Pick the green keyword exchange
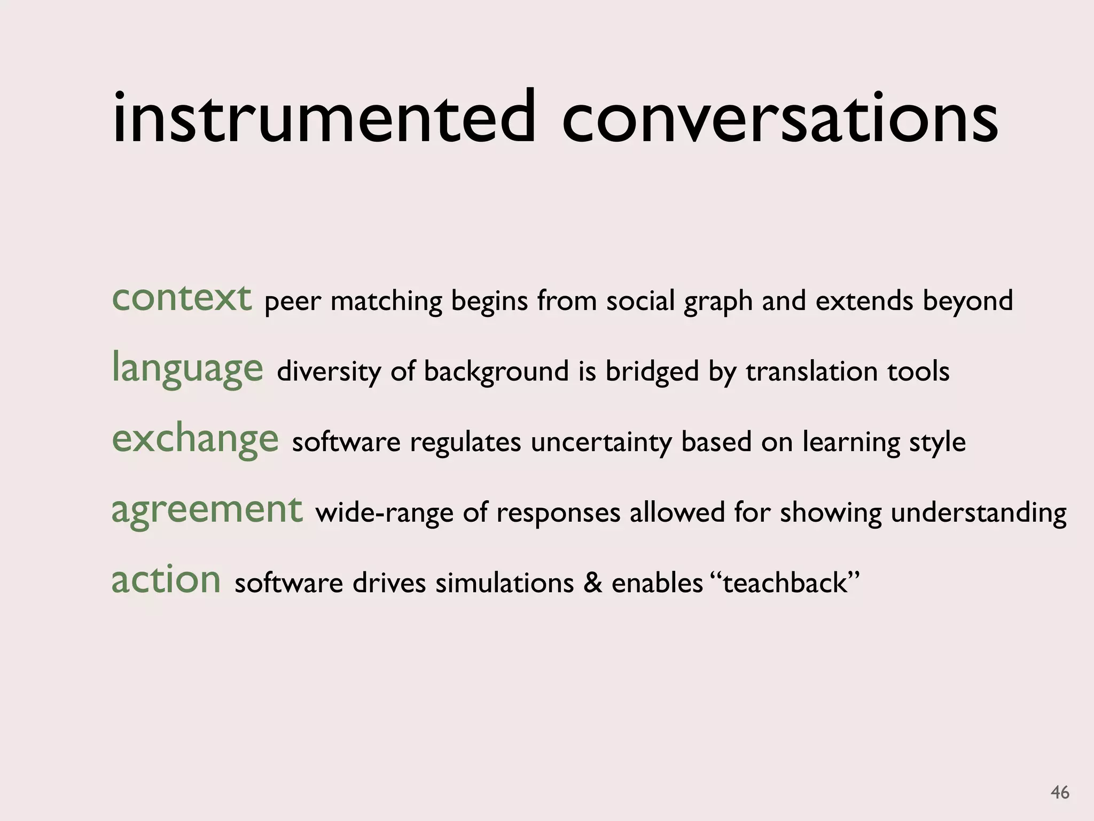pos(195,439)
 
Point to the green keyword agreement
pos(207,510)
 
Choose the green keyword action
pos(166,580)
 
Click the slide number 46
pos(1060,792)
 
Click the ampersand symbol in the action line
pos(592,583)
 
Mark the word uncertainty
pos(601,443)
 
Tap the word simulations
pos(504,583)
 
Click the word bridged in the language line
pos(652,371)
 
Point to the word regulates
pos(465,443)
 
